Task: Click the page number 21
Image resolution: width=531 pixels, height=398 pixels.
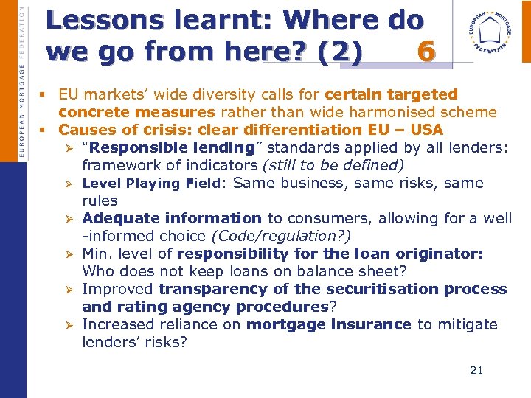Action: coord(476,370)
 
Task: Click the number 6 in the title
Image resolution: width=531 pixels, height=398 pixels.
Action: coord(425,52)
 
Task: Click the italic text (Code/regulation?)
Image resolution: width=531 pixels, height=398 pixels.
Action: coord(281,236)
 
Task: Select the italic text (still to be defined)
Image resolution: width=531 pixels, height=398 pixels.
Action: coord(333,165)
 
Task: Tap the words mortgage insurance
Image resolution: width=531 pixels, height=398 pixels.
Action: coord(328,324)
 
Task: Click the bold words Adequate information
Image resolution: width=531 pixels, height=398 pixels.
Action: coord(172,218)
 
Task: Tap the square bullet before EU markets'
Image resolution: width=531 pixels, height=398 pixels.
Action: coord(45,95)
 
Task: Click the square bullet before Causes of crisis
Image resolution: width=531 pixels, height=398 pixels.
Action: coord(45,130)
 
